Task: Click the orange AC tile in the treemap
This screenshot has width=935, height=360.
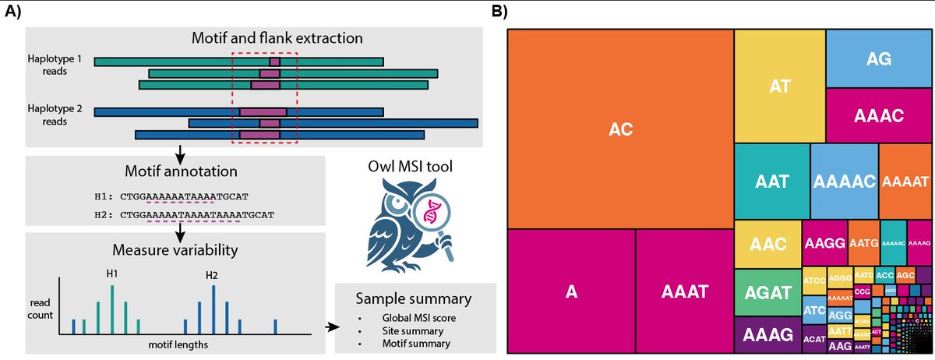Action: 620,129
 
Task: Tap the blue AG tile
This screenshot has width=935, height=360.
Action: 878,58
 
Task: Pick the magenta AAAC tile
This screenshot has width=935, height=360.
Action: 878,115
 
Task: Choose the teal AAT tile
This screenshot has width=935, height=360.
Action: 772,181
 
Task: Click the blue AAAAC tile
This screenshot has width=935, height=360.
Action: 845,181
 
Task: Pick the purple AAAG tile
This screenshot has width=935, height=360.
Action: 767,335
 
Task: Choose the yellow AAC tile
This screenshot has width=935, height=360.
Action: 767,243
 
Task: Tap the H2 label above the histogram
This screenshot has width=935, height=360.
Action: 212,275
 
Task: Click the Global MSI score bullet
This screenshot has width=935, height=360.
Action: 414,318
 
